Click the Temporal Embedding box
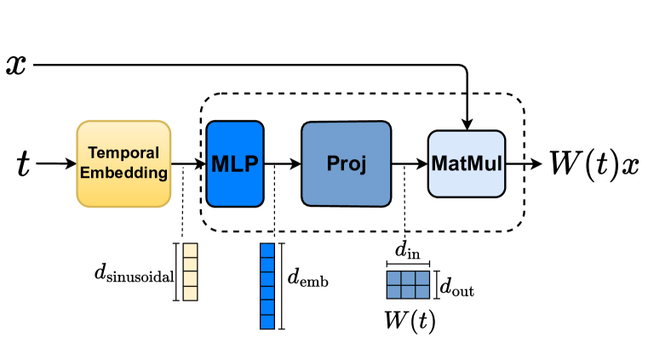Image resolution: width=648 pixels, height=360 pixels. [x=123, y=163]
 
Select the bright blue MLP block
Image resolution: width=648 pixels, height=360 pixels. [x=234, y=163]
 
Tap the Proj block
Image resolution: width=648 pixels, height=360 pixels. [x=346, y=163]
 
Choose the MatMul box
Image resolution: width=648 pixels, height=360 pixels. [x=466, y=163]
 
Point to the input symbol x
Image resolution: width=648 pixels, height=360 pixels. [x=16, y=64]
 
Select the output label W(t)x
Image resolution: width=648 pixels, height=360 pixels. [x=594, y=163]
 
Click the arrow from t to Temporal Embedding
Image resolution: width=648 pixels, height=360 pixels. [x=56, y=163]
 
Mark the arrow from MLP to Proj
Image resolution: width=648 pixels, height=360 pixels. [x=282, y=163]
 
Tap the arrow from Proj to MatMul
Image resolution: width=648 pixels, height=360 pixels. [x=410, y=163]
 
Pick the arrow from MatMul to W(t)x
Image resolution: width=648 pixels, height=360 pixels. [x=522, y=163]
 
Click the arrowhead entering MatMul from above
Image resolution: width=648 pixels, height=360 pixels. [x=467, y=124]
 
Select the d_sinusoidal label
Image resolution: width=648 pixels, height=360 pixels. [x=134, y=274]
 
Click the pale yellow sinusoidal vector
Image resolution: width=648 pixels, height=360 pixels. [x=190, y=272]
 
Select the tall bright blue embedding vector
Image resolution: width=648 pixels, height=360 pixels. [x=267, y=286]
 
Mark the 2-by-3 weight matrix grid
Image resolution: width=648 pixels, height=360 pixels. [x=407, y=284]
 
